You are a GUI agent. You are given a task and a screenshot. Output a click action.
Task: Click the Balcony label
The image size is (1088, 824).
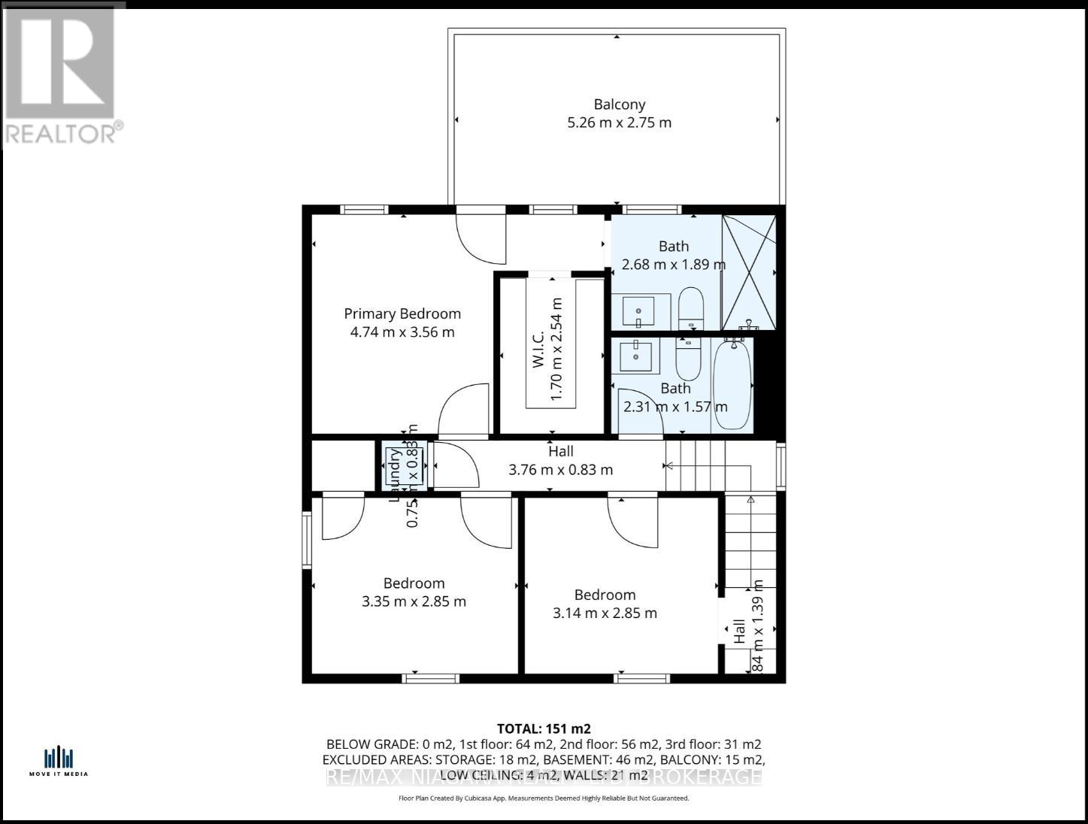tap(619, 105)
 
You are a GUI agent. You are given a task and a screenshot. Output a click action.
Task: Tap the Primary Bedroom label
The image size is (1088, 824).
tap(402, 314)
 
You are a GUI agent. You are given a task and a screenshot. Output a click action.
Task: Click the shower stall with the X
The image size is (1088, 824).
tap(748, 272)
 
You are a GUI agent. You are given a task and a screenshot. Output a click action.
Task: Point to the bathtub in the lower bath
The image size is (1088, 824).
tap(732, 383)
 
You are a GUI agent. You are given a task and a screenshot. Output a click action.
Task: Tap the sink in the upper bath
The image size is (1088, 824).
tap(639, 311)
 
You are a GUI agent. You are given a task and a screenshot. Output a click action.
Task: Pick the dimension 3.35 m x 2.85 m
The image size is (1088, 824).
tap(414, 601)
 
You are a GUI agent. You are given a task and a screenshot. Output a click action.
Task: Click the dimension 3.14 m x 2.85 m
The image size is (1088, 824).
tap(605, 613)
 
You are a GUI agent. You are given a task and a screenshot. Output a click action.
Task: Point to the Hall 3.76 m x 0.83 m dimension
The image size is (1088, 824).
tap(560, 470)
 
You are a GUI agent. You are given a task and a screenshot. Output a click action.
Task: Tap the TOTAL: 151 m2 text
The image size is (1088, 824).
tap(544, 728)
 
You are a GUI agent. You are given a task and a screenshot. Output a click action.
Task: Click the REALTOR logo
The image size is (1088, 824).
tap(60, 75)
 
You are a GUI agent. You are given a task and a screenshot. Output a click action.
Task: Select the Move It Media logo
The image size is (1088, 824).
tap(59, 760)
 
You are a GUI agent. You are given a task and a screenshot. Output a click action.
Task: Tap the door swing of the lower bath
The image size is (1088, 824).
tap(639, 410)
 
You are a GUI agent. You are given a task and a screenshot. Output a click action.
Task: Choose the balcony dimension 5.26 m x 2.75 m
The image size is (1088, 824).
tap(619, 123)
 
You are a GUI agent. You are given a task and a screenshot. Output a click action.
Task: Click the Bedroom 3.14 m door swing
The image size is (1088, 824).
tap(632, 520)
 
